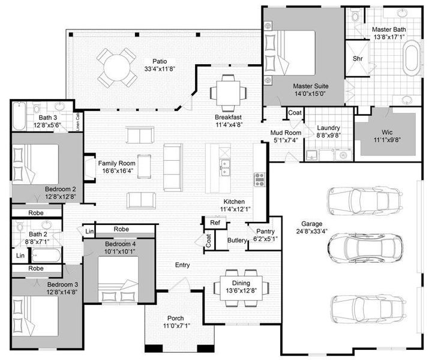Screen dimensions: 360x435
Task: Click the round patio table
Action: point(117,66)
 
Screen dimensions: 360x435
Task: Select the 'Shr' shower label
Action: point(358,59)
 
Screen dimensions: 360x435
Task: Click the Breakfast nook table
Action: point(228,92)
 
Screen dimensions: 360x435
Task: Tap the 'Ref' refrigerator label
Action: point(214,223)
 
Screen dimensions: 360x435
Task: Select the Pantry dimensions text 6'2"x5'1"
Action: point(265,239)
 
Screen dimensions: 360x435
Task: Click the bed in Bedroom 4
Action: point(118,281)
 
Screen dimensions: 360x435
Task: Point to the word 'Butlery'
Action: point(238,241)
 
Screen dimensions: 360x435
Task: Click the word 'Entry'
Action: point(182,265)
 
